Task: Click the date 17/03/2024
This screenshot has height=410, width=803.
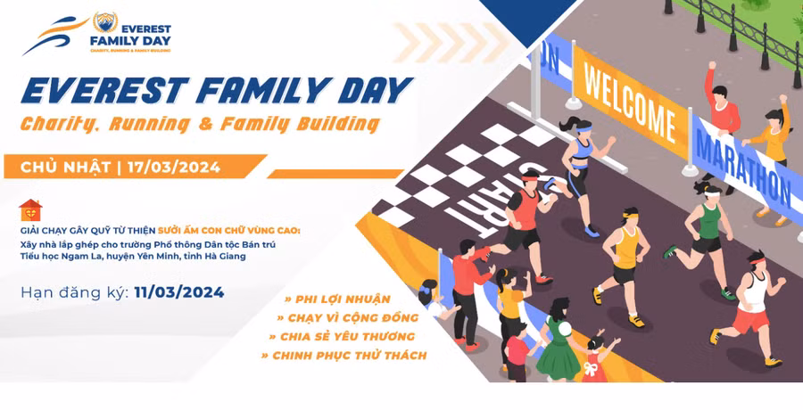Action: coord(174,168)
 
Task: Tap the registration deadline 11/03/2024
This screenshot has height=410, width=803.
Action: coord(179,292)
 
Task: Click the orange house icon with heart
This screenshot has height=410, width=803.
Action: coord(30,209)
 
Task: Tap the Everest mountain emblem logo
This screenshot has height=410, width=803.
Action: coord(105,22)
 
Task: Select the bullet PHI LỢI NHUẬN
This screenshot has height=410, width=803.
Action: coord(337,299)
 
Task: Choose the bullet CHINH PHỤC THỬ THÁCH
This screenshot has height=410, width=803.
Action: coord(344,356)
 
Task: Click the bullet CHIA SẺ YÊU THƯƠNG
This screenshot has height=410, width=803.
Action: coord(342,337)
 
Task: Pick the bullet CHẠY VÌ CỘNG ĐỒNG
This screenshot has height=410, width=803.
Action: coord(348,318)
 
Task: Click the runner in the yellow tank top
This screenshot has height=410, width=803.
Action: coord(621,265)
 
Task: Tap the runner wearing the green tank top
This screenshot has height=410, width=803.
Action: coord(700,237)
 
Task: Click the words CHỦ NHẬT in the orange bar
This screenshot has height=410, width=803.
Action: coord(65,168)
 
